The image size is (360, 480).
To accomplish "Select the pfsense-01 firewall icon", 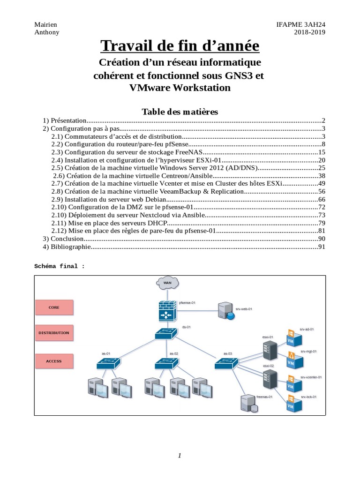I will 166,311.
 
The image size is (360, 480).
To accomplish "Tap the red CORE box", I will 54,307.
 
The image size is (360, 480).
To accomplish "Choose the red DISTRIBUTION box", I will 54,333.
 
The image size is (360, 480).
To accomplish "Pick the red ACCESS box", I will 54,361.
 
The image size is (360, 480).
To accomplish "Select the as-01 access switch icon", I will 108,363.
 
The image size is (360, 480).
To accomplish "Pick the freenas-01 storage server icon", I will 248,403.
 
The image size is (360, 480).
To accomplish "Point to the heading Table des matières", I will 180,112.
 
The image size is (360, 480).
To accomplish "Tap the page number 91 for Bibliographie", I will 322,247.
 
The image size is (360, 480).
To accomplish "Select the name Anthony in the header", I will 47,32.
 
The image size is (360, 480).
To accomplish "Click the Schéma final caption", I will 60,266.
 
